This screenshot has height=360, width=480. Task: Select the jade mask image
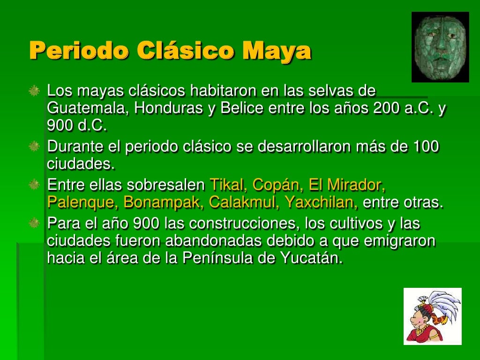click(440, 47)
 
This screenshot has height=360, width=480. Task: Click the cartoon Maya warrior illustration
click(432, 316)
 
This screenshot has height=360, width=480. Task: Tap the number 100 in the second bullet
click(426, 147)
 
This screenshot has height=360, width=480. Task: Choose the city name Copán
click(276, 186)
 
